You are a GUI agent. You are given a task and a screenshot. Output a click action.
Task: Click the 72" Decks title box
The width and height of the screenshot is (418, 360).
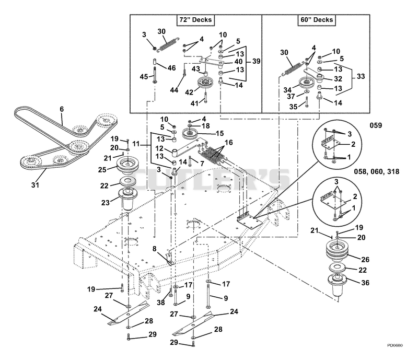(195, 20)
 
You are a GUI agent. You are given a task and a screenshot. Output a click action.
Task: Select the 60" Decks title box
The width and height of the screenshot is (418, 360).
(317, 20)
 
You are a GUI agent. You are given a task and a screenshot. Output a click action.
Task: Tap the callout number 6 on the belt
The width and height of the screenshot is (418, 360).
(62, 109)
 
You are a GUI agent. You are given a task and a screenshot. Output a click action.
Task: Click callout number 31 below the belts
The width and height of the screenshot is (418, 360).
(35, 185)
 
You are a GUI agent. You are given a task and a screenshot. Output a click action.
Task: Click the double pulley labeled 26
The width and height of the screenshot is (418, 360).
(338, 252)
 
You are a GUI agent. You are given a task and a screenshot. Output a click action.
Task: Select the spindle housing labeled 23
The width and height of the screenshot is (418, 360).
(127, 199)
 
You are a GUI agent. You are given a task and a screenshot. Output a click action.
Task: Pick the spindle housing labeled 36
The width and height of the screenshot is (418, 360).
(337, 285)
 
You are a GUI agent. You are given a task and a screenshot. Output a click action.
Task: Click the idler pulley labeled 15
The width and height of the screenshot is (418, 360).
(190, 133)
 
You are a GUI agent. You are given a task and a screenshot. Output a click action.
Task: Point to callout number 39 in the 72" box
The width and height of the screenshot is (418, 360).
(256, 61)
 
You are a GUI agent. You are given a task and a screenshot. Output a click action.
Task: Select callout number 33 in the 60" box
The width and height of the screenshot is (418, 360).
(361, 76)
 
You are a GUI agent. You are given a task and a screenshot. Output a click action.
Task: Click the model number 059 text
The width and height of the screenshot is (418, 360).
(376, 125)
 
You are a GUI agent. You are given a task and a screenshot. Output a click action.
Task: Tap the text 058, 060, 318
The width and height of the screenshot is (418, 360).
(376, 171)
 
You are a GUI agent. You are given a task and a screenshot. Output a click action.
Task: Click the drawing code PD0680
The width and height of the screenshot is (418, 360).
(395, 345)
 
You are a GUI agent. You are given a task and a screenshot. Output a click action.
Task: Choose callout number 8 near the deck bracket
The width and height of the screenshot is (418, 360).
(154, 249)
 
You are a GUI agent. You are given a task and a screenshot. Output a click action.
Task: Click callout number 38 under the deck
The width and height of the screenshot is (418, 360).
(161, 303)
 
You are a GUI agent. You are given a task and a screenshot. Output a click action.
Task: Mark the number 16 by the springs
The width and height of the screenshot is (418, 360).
(229, 143)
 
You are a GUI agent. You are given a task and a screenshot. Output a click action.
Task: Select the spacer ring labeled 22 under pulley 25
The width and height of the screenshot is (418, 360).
(129, 181)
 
